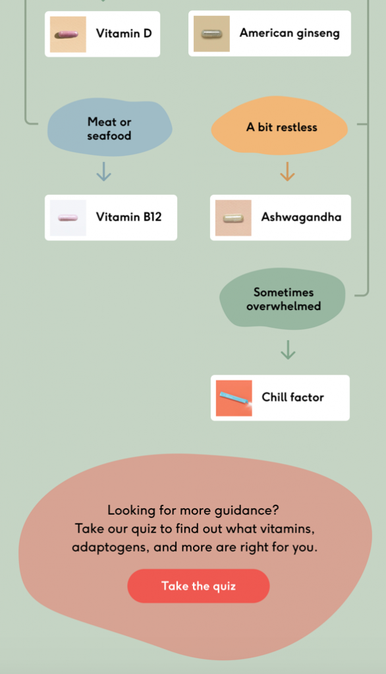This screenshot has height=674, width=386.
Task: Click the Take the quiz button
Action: pyautogui.click(x=198, y=586)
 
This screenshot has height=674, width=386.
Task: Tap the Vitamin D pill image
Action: pyautogui.click(x=68, y=34)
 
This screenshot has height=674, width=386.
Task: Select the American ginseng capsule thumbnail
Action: pyautogui.click(x=211, y=34)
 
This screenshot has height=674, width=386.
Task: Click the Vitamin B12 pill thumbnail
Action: pyautogui.click(x=68, y=218)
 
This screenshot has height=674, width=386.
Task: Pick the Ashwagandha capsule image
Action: pyautogui.click(x=233, y=218)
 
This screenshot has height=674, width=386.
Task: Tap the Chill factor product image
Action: pyautogui.click(x=234, y=398)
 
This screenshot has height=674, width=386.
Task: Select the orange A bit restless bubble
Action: pyautogui.click(x=280, y=126)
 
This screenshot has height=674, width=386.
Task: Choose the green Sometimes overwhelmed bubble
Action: pyautogui.click(x=283, y=299)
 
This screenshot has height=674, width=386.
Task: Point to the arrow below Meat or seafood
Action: pyautogui.click(x=103, y=172)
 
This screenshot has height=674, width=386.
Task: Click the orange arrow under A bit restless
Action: pyautogui.click(x=287, y=172)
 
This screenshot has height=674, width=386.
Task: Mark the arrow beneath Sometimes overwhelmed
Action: pyautogui.click(x=288, y=350)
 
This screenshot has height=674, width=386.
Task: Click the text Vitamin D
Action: pyautogui.click(x=124, y=34)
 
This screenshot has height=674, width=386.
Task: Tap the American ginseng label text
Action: pyautogui.click(x=290, y=34)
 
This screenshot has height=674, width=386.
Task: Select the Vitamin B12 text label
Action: pyautogui.click(x=128, y=217)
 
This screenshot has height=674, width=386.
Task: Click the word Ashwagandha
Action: pyautogui.click(x=301, y=217)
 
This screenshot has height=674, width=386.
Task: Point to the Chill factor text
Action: pyautogui.click(x=292, y=397)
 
